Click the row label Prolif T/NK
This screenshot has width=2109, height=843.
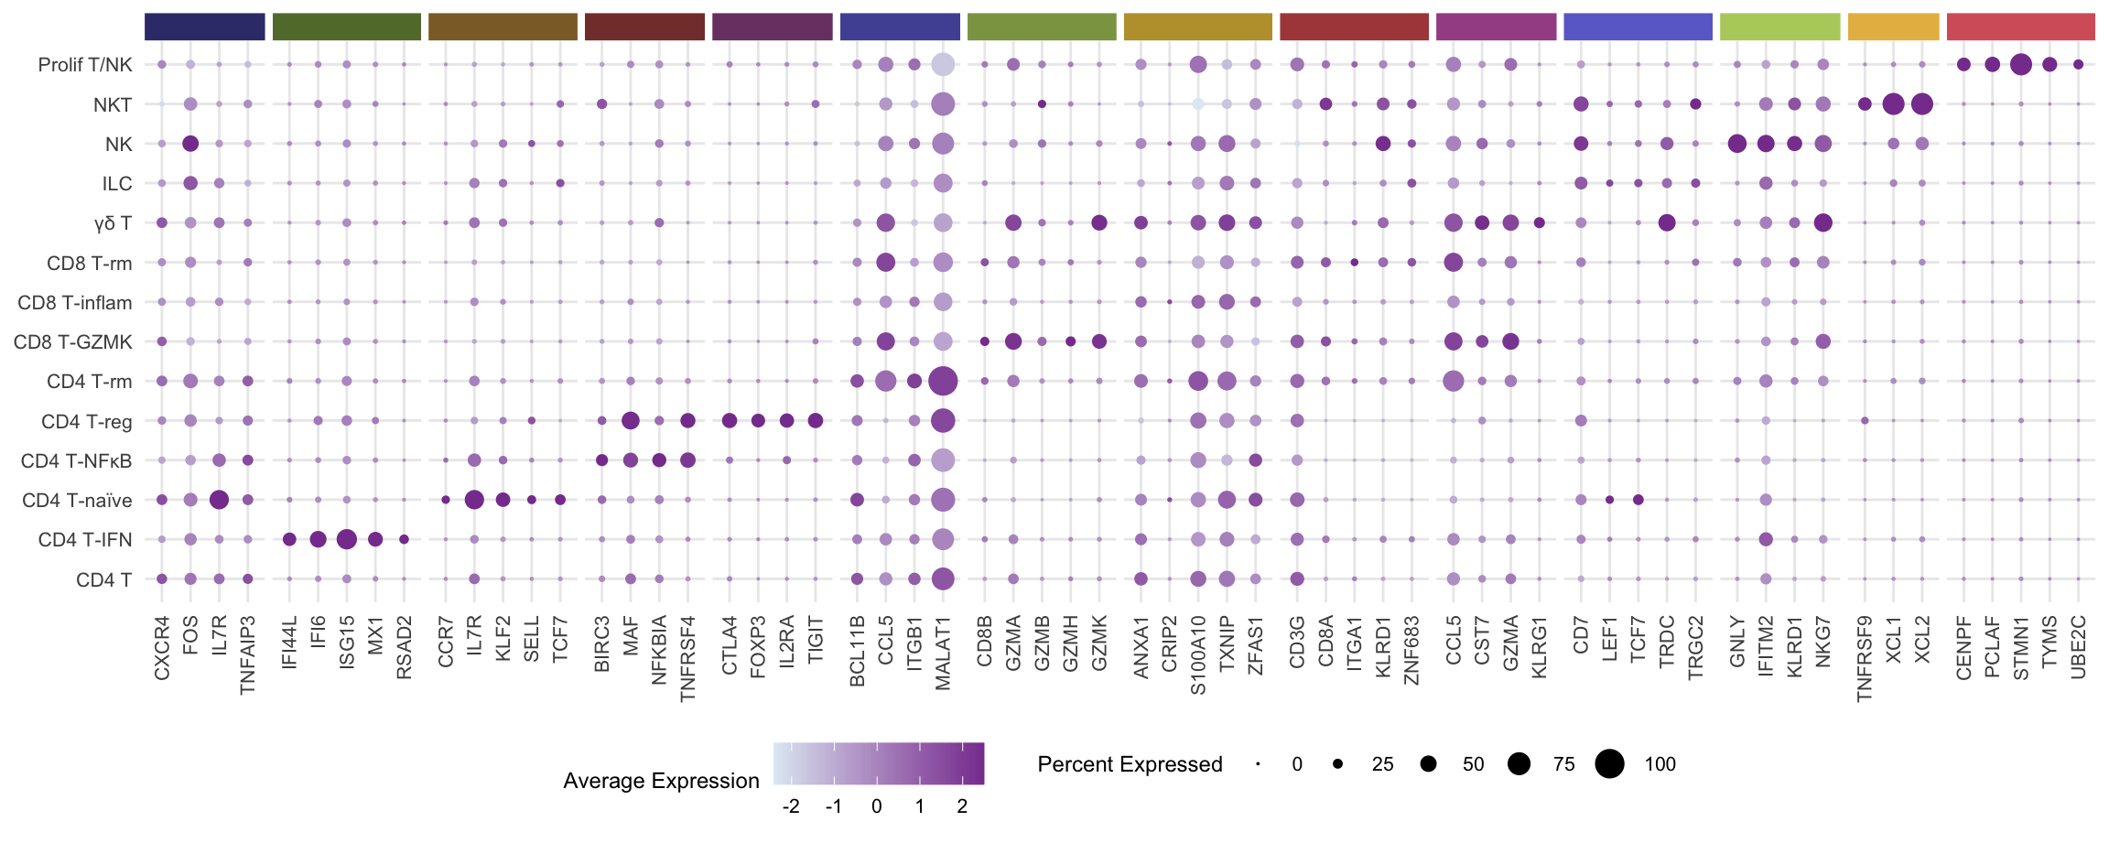click(85, 65)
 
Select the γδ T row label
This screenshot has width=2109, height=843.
click(113, 223)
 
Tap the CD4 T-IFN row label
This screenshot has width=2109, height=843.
click(85, 540)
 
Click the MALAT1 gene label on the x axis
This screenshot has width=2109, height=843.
click(943, 653)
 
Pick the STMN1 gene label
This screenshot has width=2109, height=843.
click(2021, 648)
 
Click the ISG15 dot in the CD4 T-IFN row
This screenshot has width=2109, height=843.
click(346, 539)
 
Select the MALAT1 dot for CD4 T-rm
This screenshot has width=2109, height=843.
click(943, 381)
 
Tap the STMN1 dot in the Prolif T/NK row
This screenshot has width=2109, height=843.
click(2021, 64)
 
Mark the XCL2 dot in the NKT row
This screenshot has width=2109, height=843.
click(1922, 104)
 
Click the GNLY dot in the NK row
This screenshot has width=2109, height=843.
click(1736, 144)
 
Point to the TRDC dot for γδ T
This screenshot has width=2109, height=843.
click(1667, 222)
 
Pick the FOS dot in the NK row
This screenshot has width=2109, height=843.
click(190, 144)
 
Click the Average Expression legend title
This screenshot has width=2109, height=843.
click(661, 781)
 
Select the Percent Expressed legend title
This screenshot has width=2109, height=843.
click(1130, 764)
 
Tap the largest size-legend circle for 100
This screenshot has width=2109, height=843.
click(1609, 763)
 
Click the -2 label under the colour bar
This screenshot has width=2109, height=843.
click(791, 806)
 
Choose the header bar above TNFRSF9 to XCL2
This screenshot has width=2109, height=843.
click(1893, 27)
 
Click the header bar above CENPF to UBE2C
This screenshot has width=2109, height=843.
click(2020, 27)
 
